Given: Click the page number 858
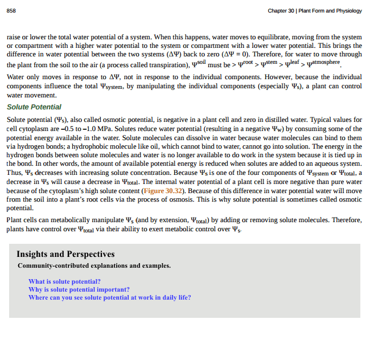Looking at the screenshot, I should pyautogui.click(x=11, y=10).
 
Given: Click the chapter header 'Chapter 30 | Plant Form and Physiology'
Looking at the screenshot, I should pyautogui.click(x=315, y=10).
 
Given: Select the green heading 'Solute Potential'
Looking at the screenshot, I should pyautogui.click(x=34, y=107).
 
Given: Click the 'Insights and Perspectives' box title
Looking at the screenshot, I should pyautogui.click(x=65, y=254).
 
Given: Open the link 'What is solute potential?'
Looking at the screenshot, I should pyautogui.click(x=64, y=281).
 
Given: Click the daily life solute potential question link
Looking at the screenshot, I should pyautogui.click(x=109, y=297).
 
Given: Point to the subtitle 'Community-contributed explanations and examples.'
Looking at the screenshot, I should pyautogui.click(x=94, y=266).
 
